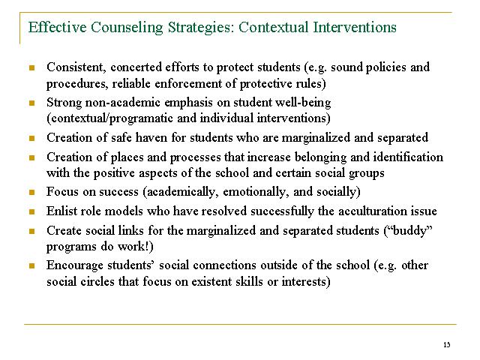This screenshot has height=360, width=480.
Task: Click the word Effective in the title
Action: coord(55,28)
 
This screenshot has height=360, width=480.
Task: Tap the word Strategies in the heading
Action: coord(194,28)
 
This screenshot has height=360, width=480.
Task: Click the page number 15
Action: coord(447,344)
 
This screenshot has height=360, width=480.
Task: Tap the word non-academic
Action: coord(121,101)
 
